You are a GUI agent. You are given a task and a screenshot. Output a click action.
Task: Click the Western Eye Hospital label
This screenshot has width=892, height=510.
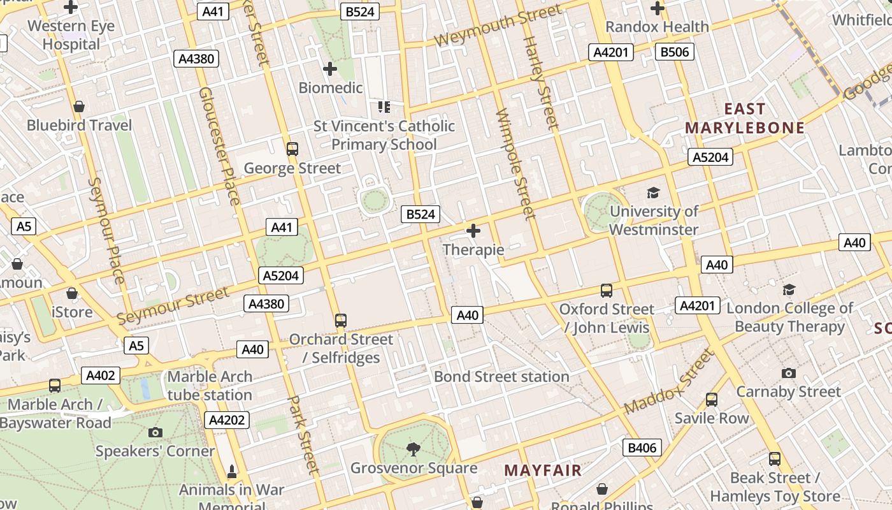(71, 35)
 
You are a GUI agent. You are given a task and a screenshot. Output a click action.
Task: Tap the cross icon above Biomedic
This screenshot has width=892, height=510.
(330, 68)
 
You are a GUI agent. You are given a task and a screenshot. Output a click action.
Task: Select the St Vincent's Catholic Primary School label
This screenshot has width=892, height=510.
(384, 135)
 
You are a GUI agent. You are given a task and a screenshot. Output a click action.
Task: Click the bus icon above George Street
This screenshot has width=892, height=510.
(292, 149)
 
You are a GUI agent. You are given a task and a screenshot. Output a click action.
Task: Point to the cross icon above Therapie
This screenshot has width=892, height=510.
(473, 231)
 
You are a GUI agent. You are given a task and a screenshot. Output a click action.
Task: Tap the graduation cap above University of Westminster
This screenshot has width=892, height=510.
(653, 193)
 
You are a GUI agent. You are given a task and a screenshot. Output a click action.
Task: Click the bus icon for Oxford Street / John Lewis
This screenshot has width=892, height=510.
(606, 291)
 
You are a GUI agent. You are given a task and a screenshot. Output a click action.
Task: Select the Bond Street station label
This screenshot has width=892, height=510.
(501, 376)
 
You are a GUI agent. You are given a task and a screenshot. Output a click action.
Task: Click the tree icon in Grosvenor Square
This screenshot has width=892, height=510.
(414, 449)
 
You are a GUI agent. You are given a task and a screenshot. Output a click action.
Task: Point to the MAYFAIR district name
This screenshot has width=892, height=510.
(543, 470)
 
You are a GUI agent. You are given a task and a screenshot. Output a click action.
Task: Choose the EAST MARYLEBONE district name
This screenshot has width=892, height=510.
(745, 118)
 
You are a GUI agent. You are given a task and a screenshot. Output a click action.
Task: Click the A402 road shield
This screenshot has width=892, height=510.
(101, 375)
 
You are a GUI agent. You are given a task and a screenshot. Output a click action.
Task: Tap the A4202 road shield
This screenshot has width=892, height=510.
(226, 419)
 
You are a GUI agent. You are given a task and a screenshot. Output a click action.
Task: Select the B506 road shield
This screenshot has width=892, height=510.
(674, 52)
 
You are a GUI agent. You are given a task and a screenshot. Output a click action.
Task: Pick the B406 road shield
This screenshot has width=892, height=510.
(642, 448)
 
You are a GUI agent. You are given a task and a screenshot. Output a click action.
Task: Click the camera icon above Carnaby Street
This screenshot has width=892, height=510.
(788, 373)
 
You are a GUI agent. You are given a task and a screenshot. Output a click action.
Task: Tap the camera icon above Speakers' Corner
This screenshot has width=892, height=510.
(155, 432)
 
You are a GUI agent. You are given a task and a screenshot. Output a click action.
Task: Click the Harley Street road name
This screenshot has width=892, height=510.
(540, 83)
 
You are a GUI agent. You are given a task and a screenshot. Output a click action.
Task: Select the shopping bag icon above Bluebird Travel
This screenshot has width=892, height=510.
(79, 106)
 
